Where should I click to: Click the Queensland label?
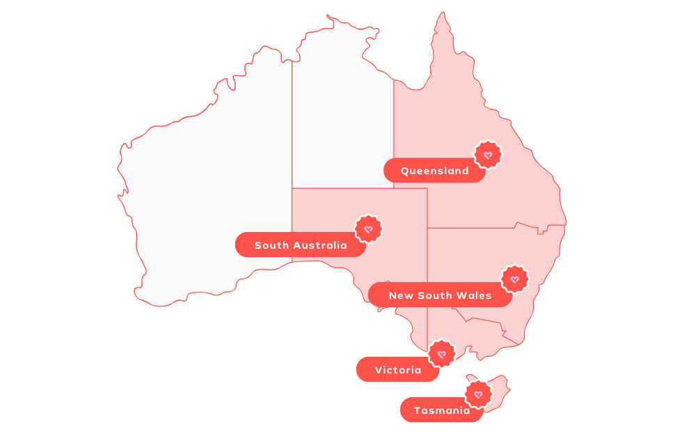tap(434, 171)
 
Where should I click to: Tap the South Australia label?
tap(301, 245)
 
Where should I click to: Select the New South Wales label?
tap(440, 295)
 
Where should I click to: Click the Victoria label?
tap(397, 370)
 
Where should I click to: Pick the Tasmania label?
tap(441, 410)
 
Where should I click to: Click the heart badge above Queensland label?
tap(488, 155)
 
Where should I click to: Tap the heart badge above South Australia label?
tap(369, 229)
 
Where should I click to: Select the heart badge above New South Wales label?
tap(515, 279)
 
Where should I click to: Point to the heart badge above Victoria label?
tap(442, 354)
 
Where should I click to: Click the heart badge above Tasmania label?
tap(478, 394)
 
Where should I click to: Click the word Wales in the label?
tap(475, 295)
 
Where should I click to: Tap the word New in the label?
tap(400, 295)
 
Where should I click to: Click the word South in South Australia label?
tap(271, 245)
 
